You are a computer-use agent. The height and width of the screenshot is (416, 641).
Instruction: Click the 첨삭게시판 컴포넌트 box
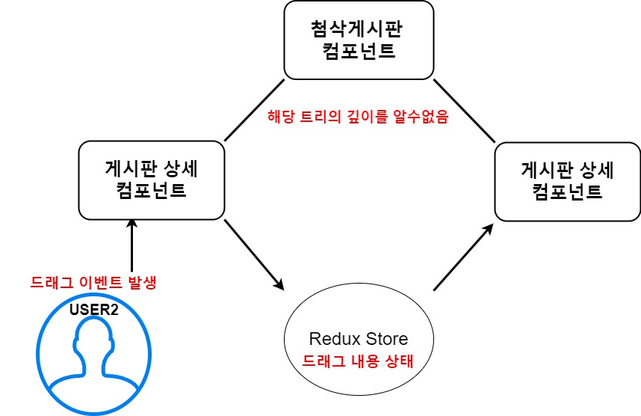click(358, 40)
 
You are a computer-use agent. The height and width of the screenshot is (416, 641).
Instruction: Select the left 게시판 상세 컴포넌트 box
click(152, 180)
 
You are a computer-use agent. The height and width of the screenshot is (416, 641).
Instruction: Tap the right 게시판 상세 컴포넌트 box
click(567, 180)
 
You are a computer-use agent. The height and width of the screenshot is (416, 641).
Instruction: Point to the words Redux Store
click(358, 339)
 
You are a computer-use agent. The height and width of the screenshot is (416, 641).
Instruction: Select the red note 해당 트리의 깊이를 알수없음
click(358, 117)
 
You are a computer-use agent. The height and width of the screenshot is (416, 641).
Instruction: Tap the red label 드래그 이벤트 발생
click(93, 284)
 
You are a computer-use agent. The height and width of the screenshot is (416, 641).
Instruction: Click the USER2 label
click(94, 308)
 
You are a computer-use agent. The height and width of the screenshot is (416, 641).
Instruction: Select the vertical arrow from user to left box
click(131, 247)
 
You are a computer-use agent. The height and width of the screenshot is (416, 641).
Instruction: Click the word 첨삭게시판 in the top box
click(358, 31)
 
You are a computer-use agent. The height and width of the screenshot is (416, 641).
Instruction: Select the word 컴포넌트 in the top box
click(358, 52)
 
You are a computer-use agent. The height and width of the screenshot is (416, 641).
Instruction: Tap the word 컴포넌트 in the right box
click(567, 191)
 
